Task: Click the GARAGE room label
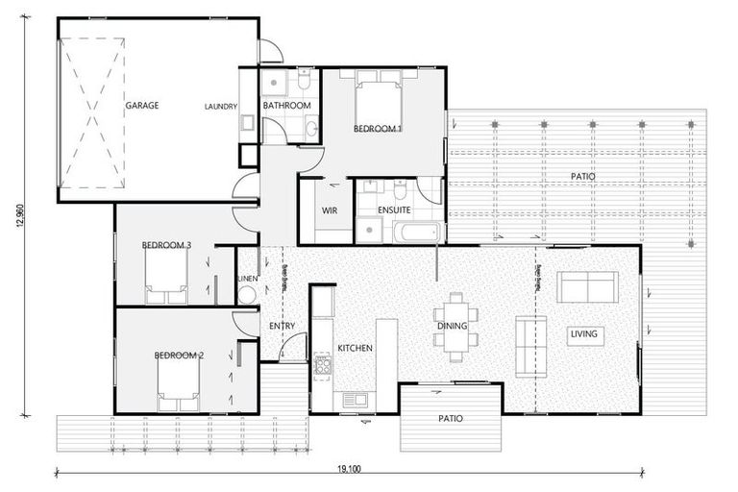[141, 105]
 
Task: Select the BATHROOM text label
[286, 105]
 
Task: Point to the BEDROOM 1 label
[378, 128]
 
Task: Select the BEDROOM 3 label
[167, 246]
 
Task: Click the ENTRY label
[282, 327]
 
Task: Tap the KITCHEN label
[354, 348]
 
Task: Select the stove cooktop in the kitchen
[323, 364]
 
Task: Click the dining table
[452, 326]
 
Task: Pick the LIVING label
[583, 334]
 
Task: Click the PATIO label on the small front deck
[450, 419]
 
